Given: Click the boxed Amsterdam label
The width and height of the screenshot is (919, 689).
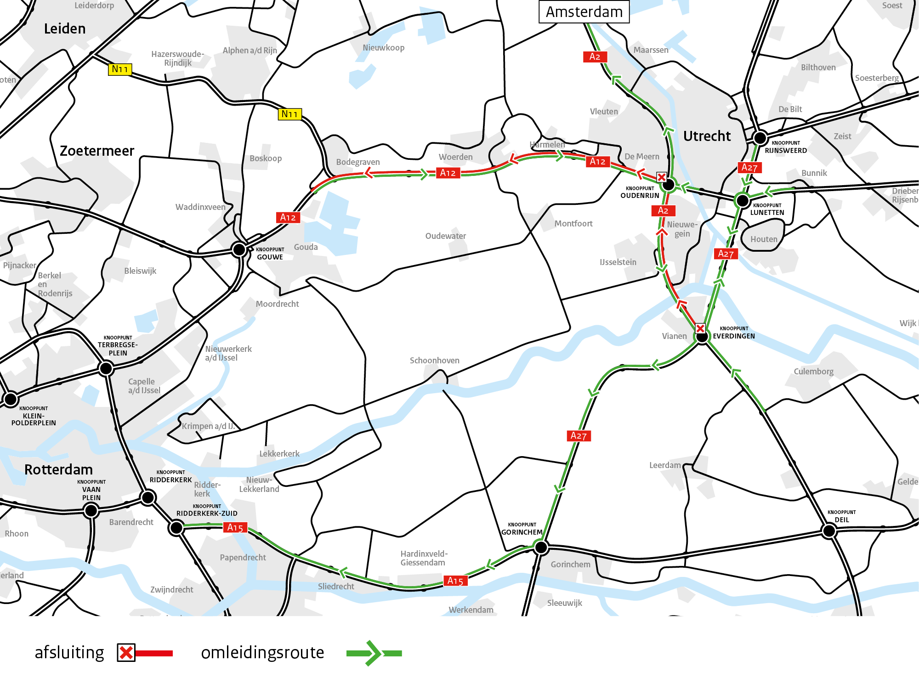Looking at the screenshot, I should [x=584, y=12].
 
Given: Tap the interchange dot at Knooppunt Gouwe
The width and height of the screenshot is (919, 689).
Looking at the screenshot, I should [x=239, y=249].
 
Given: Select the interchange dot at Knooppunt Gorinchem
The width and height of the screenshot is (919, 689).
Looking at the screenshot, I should [x=541, y=547].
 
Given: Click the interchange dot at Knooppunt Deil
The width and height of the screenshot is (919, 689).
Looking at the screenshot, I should [x=829, y=531].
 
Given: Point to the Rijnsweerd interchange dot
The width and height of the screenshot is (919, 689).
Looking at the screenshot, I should [x=760, y=137].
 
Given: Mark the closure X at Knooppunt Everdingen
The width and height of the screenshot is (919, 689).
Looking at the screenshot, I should [x=700, y=328].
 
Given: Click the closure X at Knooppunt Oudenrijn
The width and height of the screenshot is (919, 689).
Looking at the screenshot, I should [x=662, y=177].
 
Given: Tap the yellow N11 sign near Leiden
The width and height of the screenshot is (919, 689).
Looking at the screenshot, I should [x=120, y=69].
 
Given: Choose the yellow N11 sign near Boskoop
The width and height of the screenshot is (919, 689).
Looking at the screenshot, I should [x=289, y=114].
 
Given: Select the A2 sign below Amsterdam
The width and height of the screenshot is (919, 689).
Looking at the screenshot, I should [x=595, y=56].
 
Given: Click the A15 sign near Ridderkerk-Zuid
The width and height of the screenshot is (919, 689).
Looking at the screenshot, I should [x=235, y=527].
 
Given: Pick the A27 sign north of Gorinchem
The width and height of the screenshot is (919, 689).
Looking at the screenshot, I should [x=579, y=435].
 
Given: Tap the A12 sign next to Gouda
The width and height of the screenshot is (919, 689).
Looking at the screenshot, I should [x=288, y=217].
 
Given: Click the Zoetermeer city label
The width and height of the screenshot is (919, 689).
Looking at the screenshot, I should [x=97, y=151].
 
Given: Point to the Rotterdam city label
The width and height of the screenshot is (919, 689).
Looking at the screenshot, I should [x=58, y=469].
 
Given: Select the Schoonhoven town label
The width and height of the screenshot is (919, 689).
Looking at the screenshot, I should [x=434, y=361].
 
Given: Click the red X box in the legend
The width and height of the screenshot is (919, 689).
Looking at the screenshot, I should [x=126, y=653].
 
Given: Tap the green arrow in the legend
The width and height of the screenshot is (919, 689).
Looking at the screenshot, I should [x=373, y=653].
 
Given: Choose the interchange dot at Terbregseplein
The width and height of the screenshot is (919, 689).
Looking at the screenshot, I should [x=106, y=368].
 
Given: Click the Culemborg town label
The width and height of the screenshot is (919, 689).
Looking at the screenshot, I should [x=813, y=372].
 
